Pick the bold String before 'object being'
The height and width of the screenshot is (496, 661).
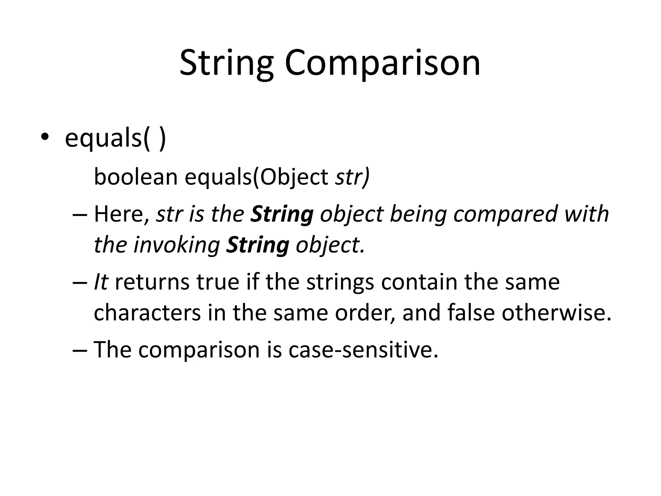pyautogui.click(x=282, y=214)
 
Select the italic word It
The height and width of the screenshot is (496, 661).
pyautogui.click(x=100, y=282)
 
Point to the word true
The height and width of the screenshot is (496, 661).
pyautogui.click(x=218, y=282)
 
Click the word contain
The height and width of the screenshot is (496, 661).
pyautogui.click(x=419, y=282)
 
